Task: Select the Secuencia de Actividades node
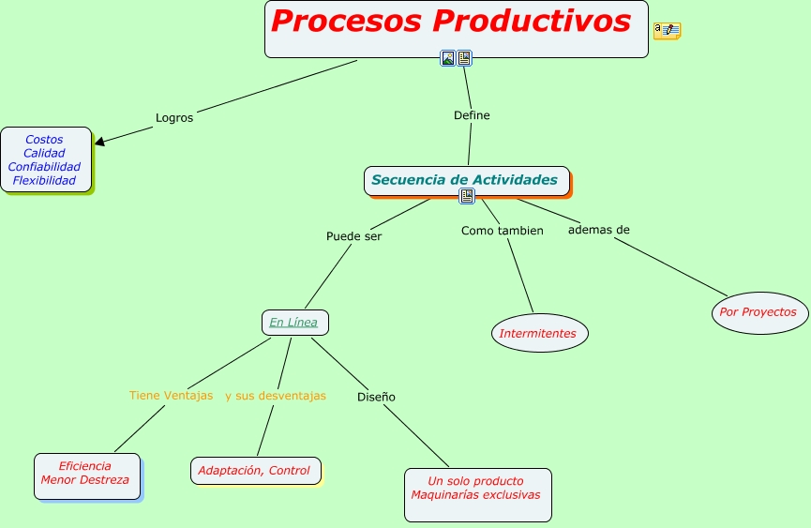pos(464,180)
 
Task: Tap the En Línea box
pos(294,323)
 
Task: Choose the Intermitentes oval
pos(539,333)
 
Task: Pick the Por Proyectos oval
pos(758,312)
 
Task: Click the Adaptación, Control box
pos(255,471)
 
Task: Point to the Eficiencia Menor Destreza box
pos(86,474)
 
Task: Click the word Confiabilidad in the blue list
pos(44,167)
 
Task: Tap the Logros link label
pos(174,118)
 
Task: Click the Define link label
pos(472,115)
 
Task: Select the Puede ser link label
pos(353,236)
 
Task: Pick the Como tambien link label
pos(502,231)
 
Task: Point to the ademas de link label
pos(599,230)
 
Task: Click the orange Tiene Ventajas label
pos(171,396)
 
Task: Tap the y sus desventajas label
pos(276,396)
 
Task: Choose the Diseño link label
pos(376,397)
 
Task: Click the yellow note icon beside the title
pos(667,31)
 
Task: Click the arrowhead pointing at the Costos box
pos(100,143)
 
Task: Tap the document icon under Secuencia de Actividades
pos(467,196)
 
